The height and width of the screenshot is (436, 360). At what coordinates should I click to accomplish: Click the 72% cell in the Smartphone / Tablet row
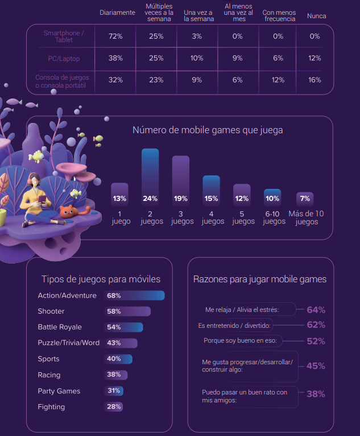pyautogui.click(x=115, y=36)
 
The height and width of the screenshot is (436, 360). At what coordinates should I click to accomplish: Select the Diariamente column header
pyautogui.click(x=117, y=13)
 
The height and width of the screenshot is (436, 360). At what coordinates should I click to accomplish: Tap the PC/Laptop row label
pyautogui.click(x=63, y=58)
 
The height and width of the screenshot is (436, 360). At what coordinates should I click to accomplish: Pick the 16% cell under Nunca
pyautogui.click(x=314, y=80)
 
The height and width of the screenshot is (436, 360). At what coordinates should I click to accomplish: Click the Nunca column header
pyautogui.click(x=316, y=16)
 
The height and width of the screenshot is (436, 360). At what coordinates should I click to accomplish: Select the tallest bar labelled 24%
pyautogui.click(x=150, y=176)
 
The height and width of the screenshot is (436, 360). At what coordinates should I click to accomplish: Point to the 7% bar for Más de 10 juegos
pyautogui.click(x=305, y=199)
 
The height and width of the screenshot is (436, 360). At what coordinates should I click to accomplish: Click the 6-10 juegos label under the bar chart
pyautogui.click(x=274, y=217)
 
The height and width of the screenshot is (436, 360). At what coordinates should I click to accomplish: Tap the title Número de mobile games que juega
pyautogui.click(x=208, y=130)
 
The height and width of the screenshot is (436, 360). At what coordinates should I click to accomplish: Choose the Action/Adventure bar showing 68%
pyautogui.click(x=135, y=295)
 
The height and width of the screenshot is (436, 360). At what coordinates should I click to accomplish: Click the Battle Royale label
pyautogui.click(x=60, y=327)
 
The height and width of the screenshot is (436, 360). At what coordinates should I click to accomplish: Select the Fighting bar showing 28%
pyautogui.click(x=114, y=407)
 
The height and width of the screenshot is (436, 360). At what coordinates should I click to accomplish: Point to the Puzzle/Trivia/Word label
pyautogui.click(x=68, y=343)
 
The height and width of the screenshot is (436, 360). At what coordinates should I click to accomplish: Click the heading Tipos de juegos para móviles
pyautogui.click(x=101, y=279)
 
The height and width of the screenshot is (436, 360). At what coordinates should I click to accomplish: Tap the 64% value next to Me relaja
pyautogui.click(x=316, y=310)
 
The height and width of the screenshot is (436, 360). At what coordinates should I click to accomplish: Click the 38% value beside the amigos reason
pyautogui.click(x=316, y=394)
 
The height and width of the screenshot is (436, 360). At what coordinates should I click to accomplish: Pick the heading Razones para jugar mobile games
pyautogui.click(x=260, y=279)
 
